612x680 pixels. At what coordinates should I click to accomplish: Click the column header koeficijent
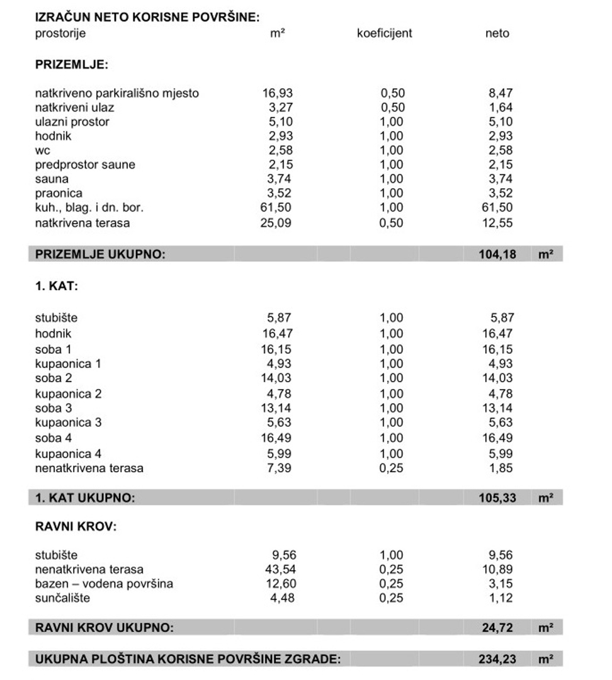[x=384, y=33]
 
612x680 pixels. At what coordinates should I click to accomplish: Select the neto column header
[x=497, y=33]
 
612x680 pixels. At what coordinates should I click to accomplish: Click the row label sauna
[x=52, y=179]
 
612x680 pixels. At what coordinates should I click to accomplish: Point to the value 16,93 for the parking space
[x=278, y=93]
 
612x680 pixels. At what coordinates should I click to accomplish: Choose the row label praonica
[x=59, y=193]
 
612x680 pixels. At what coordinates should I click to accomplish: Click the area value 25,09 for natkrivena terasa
[x=278, y=222]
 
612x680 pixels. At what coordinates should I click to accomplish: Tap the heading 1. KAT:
[x=56, y=286]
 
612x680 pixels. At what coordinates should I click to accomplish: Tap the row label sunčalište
[x=62, y=598]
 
